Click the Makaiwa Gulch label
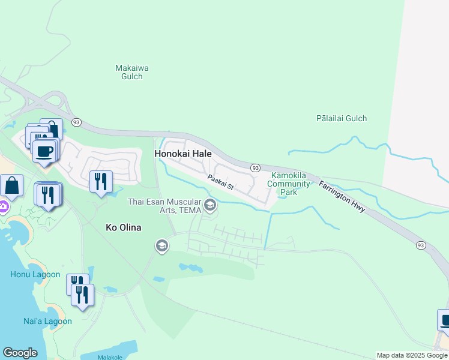click(x=129, y=72)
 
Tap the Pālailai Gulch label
click(x=341, y=118)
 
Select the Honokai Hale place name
click(x=183, y=154)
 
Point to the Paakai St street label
click(x=220, y=183)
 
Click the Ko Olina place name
click(x=122, y=227)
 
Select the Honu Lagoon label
click(x=35, y=275)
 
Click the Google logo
click(x=20, y=353)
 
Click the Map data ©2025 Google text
click(x=412, y=355)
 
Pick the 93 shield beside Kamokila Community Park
click(x=255, y=167)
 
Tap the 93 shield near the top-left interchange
click(x=76, y=122)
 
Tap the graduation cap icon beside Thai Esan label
click(x=210, y=206)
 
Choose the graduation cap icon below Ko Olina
click(x=161, y=245)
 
